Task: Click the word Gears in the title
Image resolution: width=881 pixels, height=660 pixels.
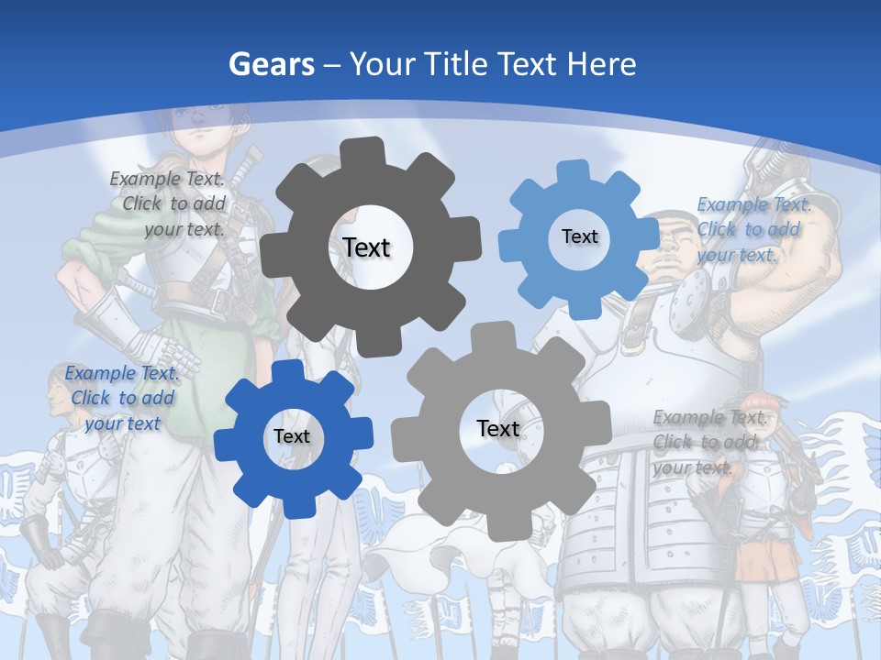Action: pyautogui.click(x=270, y=64)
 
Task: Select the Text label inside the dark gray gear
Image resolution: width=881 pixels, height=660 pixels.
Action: pyautogui.click(x=366, y=247)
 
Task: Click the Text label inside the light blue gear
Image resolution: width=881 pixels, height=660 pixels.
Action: pyautogui.click(x=579, y=236)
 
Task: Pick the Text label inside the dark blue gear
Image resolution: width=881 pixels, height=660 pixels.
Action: pyautogui.click(x=292, y=436)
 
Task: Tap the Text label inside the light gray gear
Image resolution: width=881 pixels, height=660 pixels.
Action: pyautogui.click(x=498, y=428)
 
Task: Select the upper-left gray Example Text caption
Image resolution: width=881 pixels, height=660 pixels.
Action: pyautogui.click(x=169, y=204)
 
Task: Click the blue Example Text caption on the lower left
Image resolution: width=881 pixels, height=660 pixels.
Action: pyautogui.click(x=121, y=398)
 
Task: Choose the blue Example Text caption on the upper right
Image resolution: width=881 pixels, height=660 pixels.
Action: pyautogui.click(x=753, y=229)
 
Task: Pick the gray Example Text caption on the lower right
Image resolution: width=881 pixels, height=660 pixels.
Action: pyautogui.click(x=708, y=442)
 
